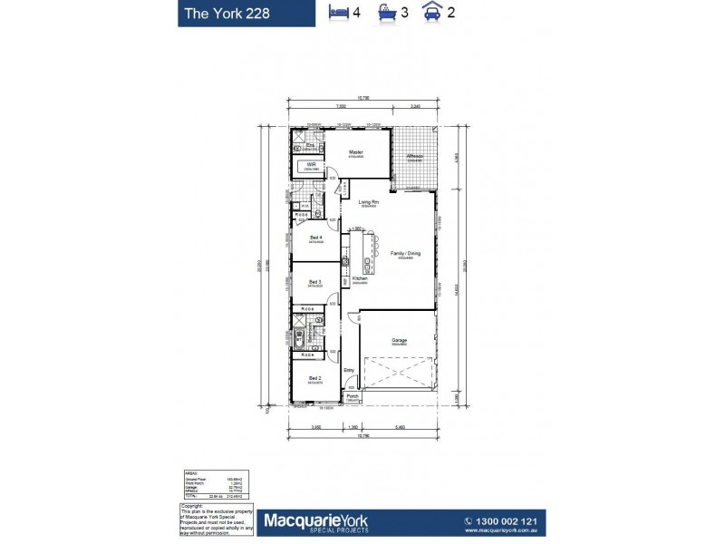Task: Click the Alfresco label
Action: [x=414, y=155]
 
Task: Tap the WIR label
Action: [x=311, y=164]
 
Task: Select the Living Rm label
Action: [x=367, y=201]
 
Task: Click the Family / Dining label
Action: [x=405, y=253]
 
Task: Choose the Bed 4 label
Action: [x=314, y=238]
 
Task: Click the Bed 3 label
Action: [x=314, y=281]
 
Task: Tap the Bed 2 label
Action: [x=314, y=377]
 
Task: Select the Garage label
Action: [x=400, y=341]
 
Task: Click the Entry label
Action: [x=349, y=370]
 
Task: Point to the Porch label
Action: [x=352, y=395]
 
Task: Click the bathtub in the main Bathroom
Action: [x=298, y=336]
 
